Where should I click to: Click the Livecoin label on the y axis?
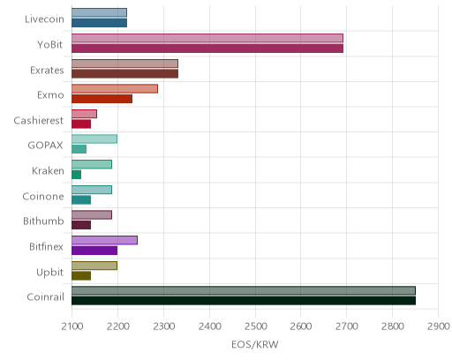[44, 19]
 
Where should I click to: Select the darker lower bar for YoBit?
[207, 49]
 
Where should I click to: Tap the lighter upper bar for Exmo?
[115, 89]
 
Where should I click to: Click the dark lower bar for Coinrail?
[244, 301]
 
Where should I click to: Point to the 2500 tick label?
[255, 326]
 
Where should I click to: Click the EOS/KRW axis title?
[255, 344]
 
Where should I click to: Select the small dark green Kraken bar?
[77, 175]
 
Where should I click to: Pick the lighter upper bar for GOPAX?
[94, 139]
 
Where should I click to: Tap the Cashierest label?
[39, 120]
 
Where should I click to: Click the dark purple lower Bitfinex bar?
[94, 251]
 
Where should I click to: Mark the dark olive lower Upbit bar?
[81, 275]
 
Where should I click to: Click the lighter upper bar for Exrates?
[125, 64]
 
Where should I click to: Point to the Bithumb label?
[43, 221]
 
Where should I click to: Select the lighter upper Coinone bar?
[92, 190]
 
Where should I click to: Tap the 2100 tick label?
[72, 326]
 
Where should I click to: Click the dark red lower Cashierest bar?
[81, 124]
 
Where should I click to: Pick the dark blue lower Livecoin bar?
[100, 23]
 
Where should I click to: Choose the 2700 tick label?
[347, 326]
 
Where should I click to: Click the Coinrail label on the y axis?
[45, 296]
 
